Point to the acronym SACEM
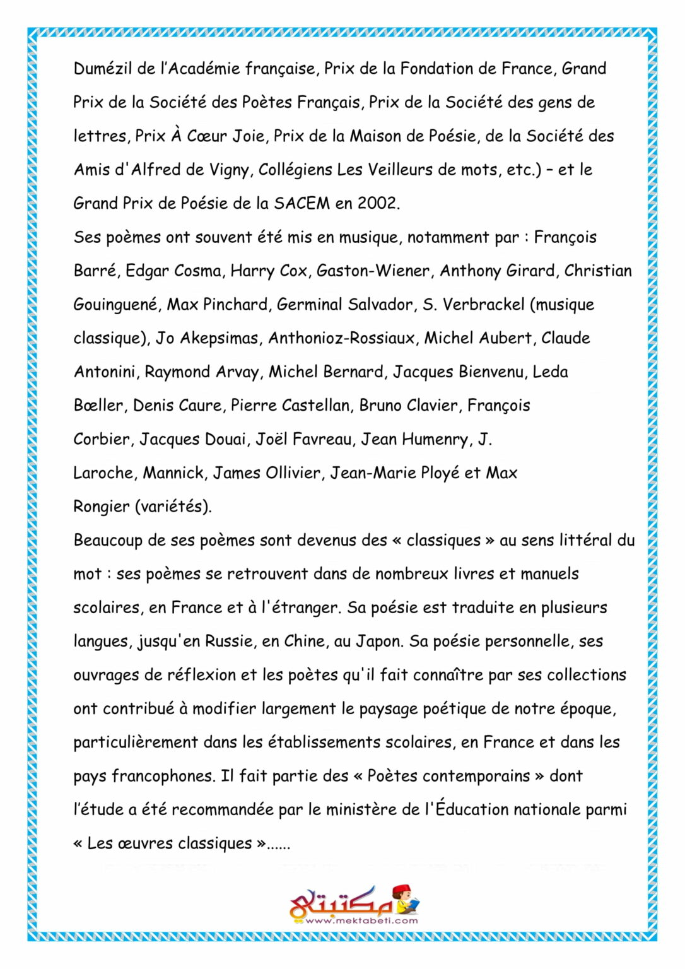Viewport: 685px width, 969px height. point(302,203)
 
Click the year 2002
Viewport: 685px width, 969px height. point(377,203)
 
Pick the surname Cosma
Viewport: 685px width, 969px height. point(197,271)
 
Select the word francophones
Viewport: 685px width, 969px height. point(163,776)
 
